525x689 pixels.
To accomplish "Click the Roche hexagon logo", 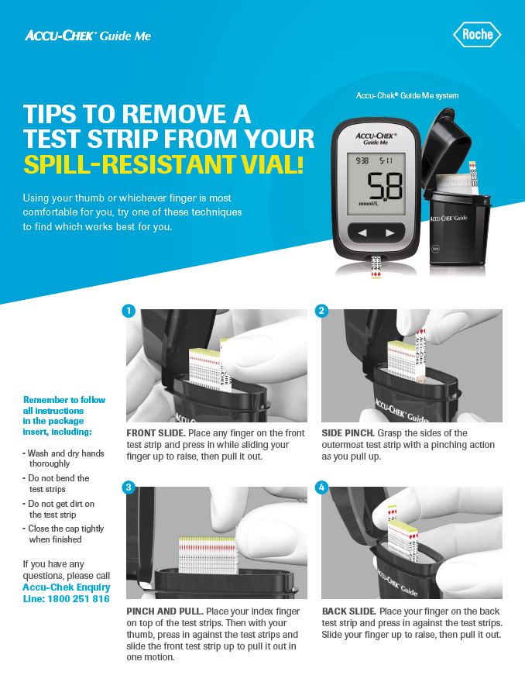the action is [477, 34].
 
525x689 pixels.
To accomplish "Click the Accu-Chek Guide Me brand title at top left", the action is [87, 36].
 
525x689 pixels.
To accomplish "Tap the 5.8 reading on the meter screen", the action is [385, 186].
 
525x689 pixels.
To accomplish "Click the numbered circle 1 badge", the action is [129, 311].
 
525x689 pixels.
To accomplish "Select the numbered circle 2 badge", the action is [322, 311].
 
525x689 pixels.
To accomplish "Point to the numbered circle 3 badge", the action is [129, 487].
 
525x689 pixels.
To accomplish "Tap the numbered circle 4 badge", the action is [322, 487].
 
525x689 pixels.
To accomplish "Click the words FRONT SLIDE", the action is [156, 433].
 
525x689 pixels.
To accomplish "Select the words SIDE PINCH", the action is [348, 433].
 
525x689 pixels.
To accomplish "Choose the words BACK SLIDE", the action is [349, 611].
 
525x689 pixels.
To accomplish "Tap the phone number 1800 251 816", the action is [78, 599].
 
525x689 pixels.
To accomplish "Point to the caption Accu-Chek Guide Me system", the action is [407, 95].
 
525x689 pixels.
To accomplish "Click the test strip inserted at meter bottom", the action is [376, 267].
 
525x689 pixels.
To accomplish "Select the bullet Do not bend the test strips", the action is [57, 484].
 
